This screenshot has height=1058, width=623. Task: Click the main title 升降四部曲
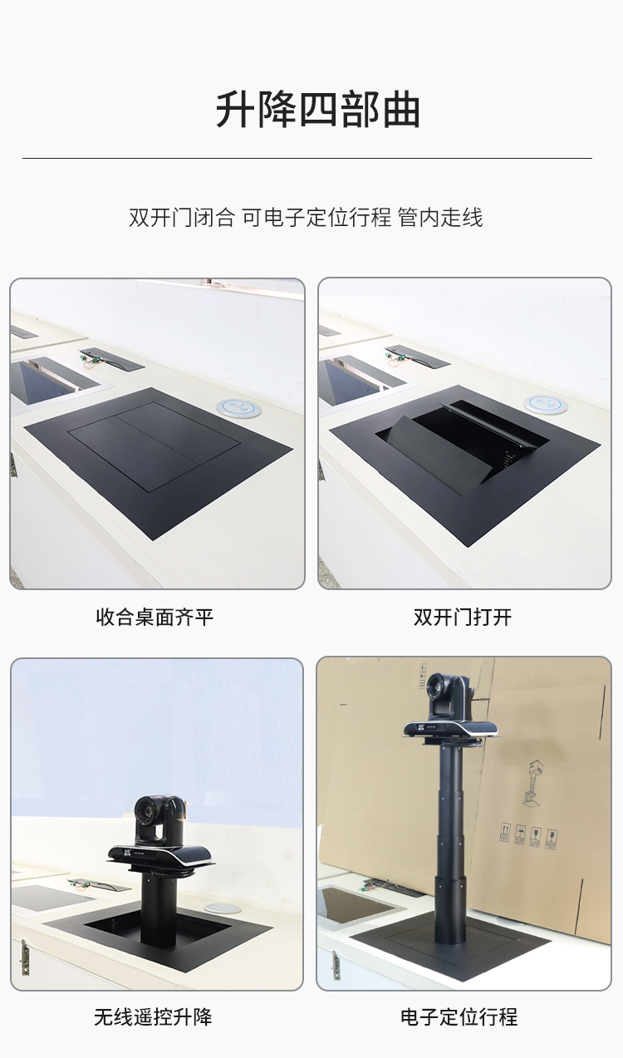click(318, 111)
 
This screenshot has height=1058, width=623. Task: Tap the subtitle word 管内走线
click(440, 218)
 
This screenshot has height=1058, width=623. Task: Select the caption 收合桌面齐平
click(155, 618)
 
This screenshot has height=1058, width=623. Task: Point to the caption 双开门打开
click(463, 618)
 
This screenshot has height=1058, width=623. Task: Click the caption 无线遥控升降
click(153, 1017)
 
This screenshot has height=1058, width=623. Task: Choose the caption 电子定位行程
click(459, 1017)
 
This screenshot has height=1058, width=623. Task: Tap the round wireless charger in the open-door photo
click(545, 403)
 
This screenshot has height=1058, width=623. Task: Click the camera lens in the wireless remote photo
click(145, 811)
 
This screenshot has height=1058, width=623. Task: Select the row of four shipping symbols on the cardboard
click(528, 835)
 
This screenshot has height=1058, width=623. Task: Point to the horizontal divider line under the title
click(307, 158)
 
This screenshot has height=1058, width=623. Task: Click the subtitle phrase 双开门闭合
click(182, 218)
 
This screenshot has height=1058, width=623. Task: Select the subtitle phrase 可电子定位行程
click(316, 218)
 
